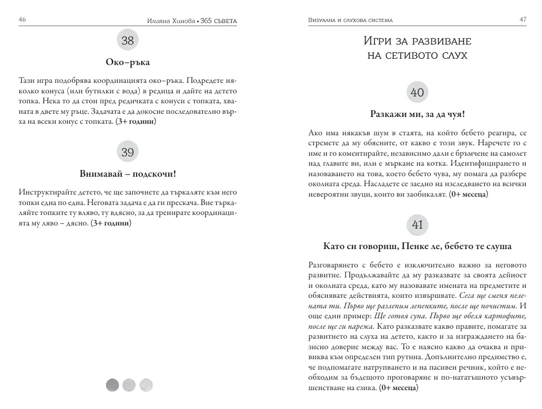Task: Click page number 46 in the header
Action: point(22,19)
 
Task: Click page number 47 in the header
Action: point(523,19)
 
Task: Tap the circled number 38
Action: point(128,40)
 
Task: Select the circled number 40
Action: point(417,93)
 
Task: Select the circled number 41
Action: point(417,225)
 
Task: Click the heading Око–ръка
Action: point(128,62)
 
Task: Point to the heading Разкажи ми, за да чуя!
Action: point(417,114)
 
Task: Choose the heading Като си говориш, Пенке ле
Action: point(417,246)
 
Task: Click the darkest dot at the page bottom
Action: point(112,385)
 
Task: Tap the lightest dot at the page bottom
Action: point(145,385)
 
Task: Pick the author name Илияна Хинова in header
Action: point(169,20)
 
